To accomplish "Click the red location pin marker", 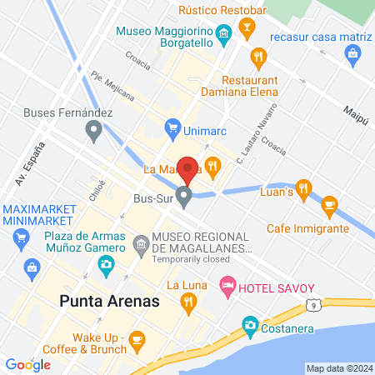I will pyautogui.click(x=189, y=169).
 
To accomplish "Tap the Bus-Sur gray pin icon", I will pyautogui.click(x=185, y=197).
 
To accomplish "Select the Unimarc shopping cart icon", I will pyautogui.click(x=172, y=127).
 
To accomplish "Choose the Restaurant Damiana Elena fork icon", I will pyautogui.click(x=257, y=57).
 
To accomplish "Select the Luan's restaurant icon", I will pyautogui.click(x=303, y=187).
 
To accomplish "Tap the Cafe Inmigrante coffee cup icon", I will pyautogui.click(x=329, y=205).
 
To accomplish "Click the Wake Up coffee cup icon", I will pyautogui.click(x=137, y=337).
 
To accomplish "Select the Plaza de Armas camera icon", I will pyautogui.click(x=106, y=265).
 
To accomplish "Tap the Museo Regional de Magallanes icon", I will pyautogui.click(x=141, y=243).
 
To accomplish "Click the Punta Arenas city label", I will pyautogui.click(x=108, y=301).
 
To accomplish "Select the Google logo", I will pyautogui.click(x=27, y=364).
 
